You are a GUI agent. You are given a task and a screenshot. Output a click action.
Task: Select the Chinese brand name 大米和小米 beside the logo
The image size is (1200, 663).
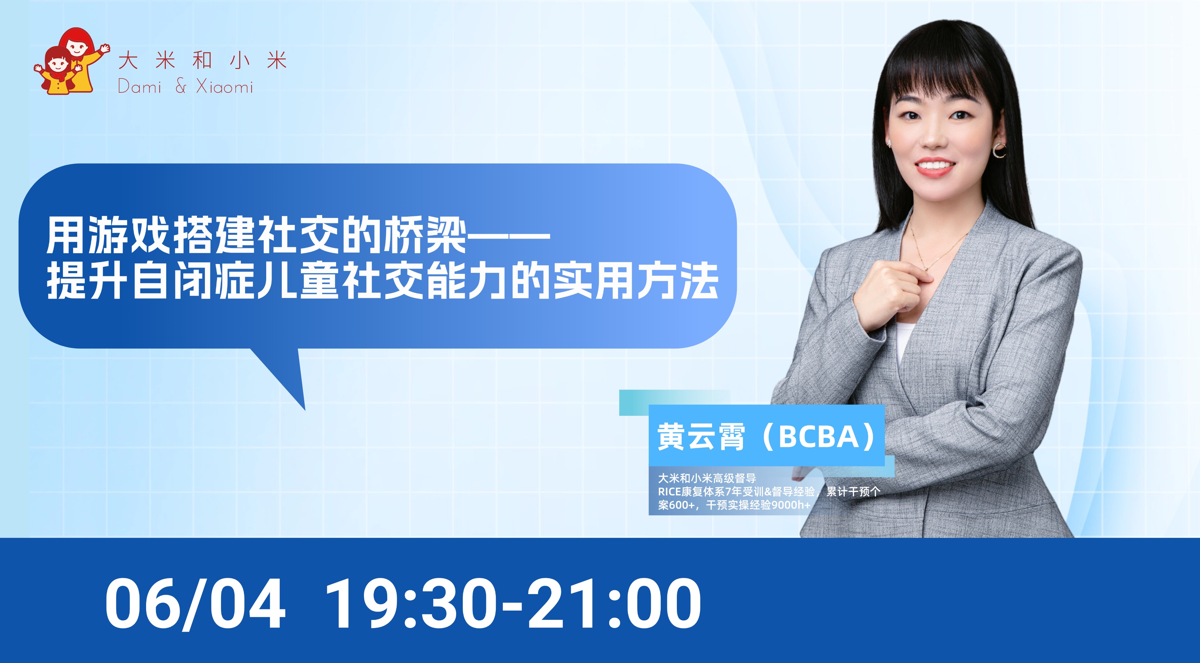tap(202, 61)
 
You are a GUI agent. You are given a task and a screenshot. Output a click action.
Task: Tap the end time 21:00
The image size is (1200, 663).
tap(614, 603)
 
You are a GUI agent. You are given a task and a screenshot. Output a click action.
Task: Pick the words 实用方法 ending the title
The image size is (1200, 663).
tap(635, 280)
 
